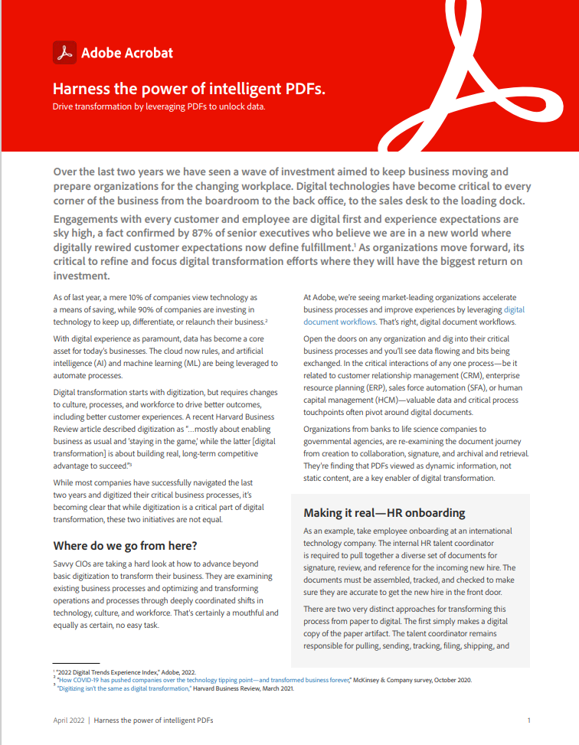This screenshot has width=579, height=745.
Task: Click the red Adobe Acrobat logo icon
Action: pos(64,52)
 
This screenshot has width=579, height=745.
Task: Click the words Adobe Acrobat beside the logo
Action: pos(127,53)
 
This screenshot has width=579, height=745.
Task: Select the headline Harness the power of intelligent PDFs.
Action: pos(189,89)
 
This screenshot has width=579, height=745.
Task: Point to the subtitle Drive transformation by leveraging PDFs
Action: pos(159,106)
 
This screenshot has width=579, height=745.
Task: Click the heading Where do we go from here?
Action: pos(125,546)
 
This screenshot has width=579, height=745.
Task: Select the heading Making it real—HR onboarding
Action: pos(384,512)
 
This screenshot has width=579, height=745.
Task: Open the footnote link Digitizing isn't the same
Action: pos(126,688)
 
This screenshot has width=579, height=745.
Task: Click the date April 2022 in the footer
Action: pos(68,720)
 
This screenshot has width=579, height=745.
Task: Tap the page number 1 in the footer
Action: pos(529,720)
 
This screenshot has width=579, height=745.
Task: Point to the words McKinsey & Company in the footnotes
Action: pos(394,680)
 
